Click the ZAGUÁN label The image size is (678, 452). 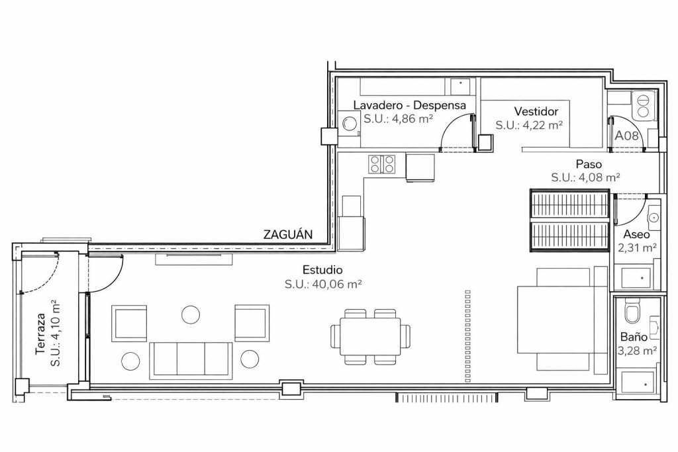point(288,235)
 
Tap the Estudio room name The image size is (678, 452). point(322,270)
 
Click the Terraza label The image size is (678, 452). point(41,334)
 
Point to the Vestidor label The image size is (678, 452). point(536,111)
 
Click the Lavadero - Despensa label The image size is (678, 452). point(409,105)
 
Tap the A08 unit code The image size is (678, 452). point(626,136)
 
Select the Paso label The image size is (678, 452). point(589,164)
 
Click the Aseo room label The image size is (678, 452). point(636,235)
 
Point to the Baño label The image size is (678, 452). point(634,337)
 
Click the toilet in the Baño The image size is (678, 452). point(632,313)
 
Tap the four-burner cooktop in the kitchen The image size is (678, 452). point(382,164)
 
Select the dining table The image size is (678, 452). point(369,337)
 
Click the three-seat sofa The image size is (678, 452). point(190,361)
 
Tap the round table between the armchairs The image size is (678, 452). point(191,314)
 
